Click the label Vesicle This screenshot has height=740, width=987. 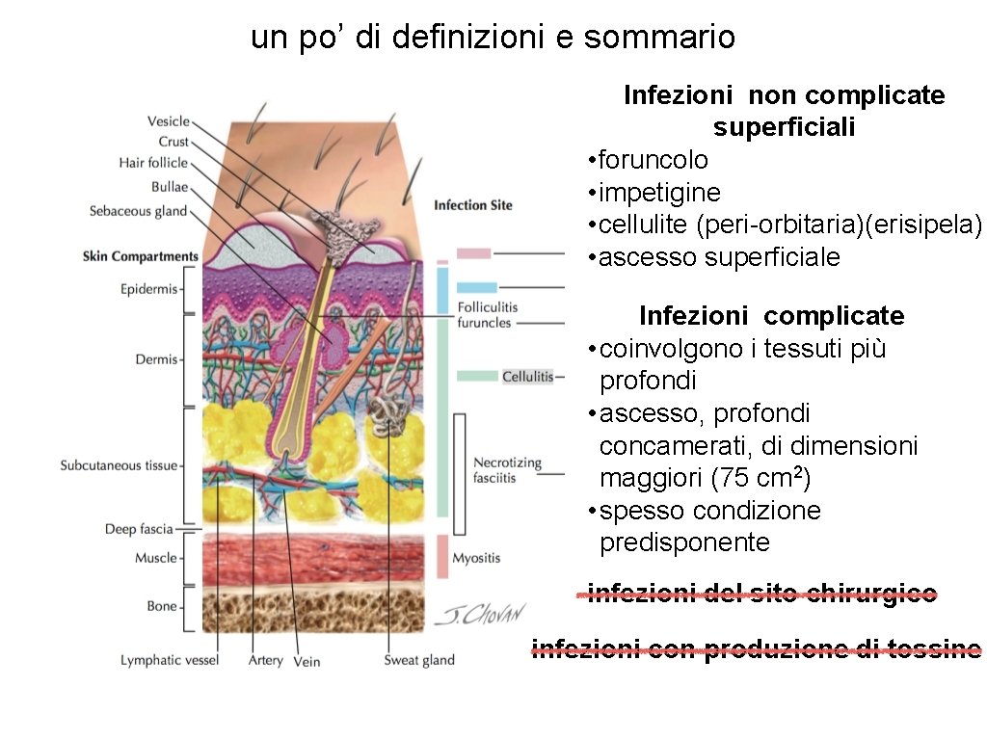point(168,121)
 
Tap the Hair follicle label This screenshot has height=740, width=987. point(153,163)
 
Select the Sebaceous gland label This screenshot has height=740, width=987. point(138,211)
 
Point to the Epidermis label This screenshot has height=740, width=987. point(149,288)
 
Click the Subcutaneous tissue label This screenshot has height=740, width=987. point(120,465)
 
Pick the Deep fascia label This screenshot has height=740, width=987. point(139,529)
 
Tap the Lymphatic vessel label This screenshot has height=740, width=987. point(170,660)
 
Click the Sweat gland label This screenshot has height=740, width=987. point(419,660)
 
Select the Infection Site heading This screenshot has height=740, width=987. point(473,205)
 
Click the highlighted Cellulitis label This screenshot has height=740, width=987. point(528,376)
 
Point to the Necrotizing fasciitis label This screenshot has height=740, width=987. point(507,470)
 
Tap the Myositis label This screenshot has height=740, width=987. point(476,558)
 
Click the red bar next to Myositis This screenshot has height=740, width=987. point(442,556)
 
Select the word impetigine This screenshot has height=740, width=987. point(659,192)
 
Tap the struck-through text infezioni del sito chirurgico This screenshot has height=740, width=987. point(761,595)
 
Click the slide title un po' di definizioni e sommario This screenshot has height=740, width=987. point(493,38)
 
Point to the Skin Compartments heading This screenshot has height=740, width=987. point(141,256)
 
